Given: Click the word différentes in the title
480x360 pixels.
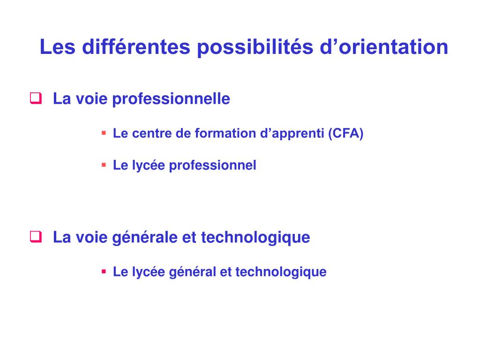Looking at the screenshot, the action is coord(136,47).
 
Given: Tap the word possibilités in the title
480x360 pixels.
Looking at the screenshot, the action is coord(255,47).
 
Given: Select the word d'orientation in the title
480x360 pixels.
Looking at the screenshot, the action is coord(384,47).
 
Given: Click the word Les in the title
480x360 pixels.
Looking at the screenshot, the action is coord(58,47).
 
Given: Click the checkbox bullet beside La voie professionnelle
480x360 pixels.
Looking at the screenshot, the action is coord(36,98).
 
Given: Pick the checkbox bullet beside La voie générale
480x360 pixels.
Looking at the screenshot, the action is coord(36,237).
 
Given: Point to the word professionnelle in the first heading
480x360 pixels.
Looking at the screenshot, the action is coord(171,99).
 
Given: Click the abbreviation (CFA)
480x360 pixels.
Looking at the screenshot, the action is coord(346,134).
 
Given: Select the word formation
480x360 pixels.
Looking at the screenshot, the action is coord(225,134).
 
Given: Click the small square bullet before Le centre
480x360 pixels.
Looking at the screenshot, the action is coord(104,133).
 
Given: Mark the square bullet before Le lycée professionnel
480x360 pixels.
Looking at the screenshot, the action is coord(104,165).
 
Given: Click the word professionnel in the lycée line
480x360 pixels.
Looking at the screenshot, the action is coord(213,165).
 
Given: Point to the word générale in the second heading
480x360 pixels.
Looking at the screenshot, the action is coord(145,238).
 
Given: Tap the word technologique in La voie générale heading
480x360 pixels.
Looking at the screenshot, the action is coord(255,238).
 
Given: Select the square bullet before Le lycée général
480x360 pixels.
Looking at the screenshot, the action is coord(104,271).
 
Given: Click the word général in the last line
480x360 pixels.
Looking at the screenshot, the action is coord(192,272).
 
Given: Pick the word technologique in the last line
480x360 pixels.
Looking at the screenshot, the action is coord(281,272).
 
